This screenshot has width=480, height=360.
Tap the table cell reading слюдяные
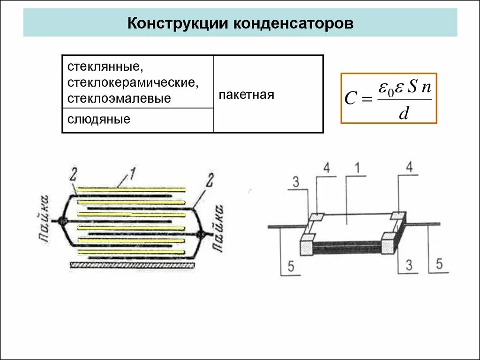[x=99, y=120]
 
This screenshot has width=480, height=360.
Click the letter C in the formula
[x=351, y=99]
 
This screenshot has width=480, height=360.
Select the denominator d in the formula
[x=404, y=113]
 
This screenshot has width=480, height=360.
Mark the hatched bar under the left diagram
[x=132, y=265]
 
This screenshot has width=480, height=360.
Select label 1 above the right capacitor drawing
[x=357, y=168]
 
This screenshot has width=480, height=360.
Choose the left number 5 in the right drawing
[x=291, y=267]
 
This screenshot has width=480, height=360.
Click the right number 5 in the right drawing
[x=439, y=263]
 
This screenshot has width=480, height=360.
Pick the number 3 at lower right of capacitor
[x=409, y=265]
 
